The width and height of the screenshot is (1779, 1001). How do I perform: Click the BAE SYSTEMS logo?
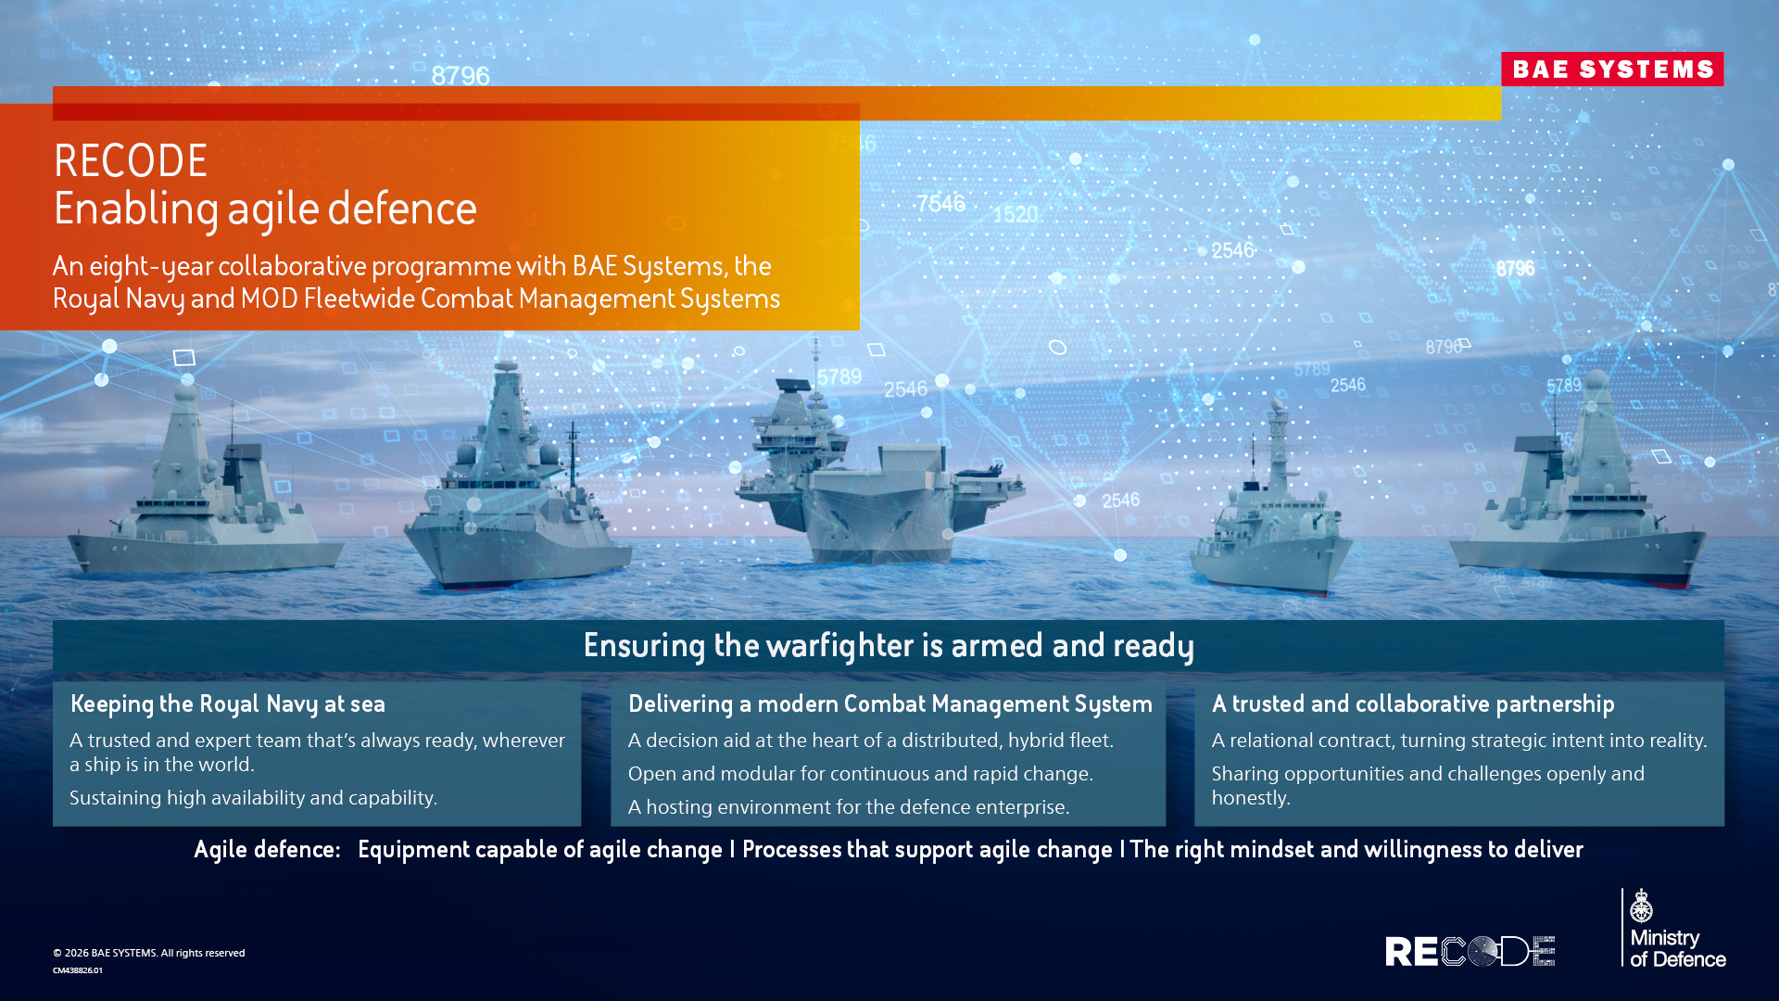(1612, 70)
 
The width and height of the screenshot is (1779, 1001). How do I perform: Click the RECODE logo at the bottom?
(1470, 951)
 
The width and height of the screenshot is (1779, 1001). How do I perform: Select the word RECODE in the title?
(131, 161)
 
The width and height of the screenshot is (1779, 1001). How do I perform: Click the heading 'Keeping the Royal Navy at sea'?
(227, 704)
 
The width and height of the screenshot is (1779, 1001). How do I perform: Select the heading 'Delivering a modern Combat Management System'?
(889, 704)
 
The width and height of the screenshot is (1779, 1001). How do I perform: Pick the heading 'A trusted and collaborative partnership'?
(1412, 704)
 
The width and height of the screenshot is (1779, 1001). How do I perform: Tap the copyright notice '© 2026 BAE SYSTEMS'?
(149, 953)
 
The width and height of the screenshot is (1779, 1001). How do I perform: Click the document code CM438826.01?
(78, 970)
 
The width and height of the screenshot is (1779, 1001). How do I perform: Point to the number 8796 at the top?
(461, 76)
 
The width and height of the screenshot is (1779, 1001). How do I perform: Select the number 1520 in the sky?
(1016, 214)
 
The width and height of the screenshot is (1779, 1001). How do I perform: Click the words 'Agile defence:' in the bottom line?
(267, 849)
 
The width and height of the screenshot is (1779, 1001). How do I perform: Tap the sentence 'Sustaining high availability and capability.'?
(253, 798)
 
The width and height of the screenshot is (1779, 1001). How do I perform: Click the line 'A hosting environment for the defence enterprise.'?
(848, 807)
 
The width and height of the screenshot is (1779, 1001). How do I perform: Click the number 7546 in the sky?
(940, 203)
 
